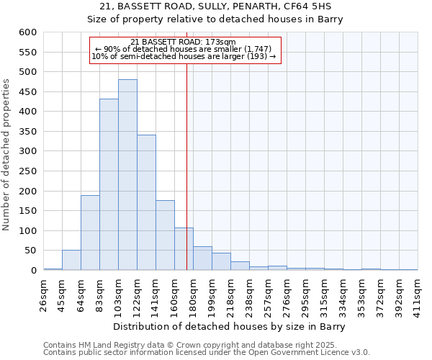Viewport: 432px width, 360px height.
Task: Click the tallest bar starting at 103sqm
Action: click(127, 175)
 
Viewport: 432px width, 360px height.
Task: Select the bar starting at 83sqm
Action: click(109, 184)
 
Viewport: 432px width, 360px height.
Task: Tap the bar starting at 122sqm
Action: click(146, 202)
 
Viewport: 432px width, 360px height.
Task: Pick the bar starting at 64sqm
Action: click(90, 233)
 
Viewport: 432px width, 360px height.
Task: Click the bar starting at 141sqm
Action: click(165, 235)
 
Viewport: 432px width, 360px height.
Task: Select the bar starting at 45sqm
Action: click(71, 260)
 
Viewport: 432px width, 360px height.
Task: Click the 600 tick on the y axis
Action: click(28, 32)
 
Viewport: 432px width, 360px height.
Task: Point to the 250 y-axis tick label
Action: click(28, 171)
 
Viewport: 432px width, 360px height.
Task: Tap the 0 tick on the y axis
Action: click(33, 271)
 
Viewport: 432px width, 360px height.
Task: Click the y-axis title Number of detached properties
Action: click(7, 156)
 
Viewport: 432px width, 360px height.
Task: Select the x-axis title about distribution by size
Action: click(230, 327)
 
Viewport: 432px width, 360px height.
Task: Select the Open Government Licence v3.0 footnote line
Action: click(207, 353)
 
